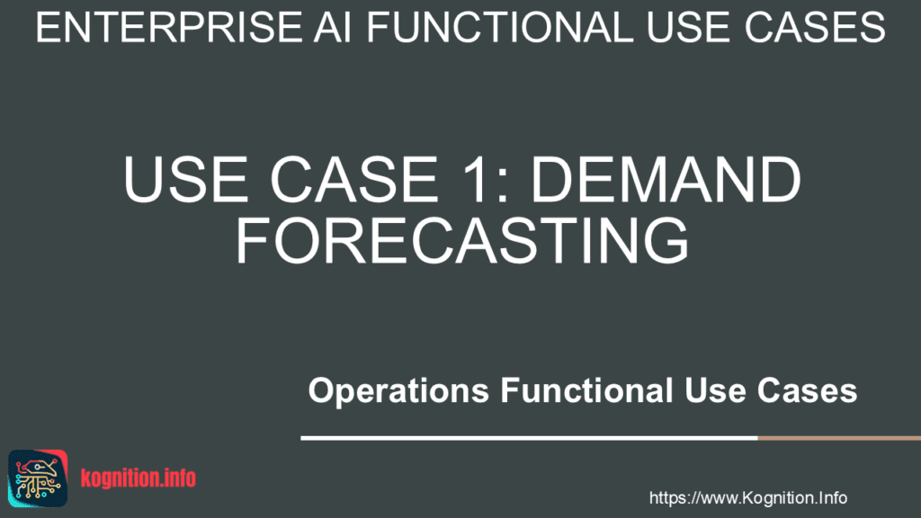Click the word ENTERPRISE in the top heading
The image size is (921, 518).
coord(168,27)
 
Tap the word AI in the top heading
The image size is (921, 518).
coord(332,27)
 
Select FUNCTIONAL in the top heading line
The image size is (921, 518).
coord(499,27)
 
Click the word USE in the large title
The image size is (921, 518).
coord(185,180)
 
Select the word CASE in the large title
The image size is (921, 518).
coord(354,180)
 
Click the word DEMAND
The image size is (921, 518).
coord(666,180)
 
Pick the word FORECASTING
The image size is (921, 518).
coord(462,240)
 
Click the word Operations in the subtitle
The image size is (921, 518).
coord(398,391)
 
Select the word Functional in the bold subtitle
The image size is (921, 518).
coord(586,390)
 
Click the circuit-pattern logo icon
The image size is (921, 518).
coord(38,478)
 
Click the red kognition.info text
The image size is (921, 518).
coord(138,478)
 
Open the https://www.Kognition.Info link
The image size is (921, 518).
coord(747,498)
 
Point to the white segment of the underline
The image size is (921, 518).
coord(529,438)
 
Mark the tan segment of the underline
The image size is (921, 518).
coord(839,438)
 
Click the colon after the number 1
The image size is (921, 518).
coord(502,187)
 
